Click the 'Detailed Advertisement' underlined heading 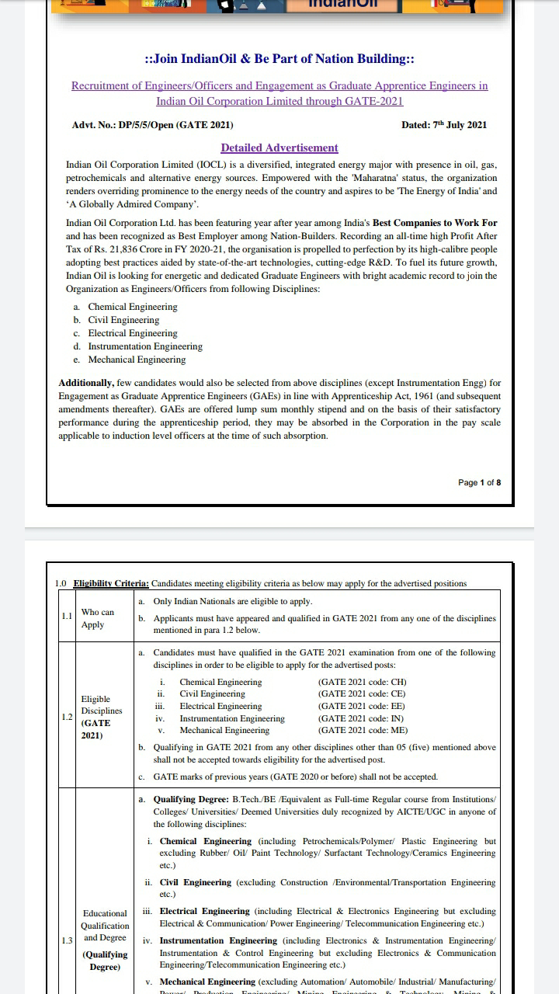click(x=279, y=148)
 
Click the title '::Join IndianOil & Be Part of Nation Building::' click(x=279, y=59)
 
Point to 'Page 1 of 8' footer click(x=479, y=482)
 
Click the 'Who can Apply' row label click(x=97, y=618)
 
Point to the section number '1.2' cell click(x=67, y=717)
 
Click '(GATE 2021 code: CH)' click(x=362, y=682)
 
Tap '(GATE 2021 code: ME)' click(x=362, y=730)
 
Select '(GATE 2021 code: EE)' click(x=362, y=706)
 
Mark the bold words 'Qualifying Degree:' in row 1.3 click(x=190, y=798)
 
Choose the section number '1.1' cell click(x=67, y=616)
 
